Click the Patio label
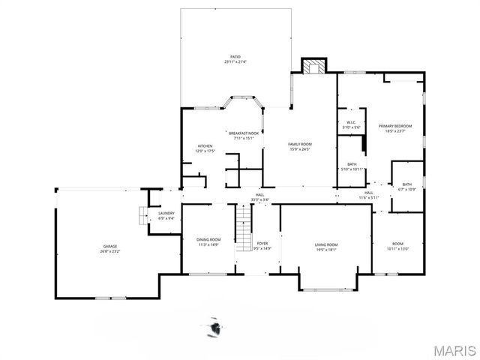click(x=235, y=59)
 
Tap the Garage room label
click(x=110, y=248)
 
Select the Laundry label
click(x=166, y=216)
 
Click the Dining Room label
click(x=208, y=241)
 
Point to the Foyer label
click(x=262, y=245)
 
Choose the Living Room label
click(x=325, y=247)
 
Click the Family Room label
click(x=300, y=145)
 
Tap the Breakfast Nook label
click(x=244, y=135)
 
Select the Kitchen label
click(x=205, y=148)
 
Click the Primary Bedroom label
click(x=395, y=128)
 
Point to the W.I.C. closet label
click(x=351, y=125)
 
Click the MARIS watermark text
click(x=453, y=349)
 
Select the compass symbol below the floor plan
click(x=215, y=327)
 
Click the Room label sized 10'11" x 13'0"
click(x=397, y=246)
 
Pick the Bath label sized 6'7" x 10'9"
click(x=406, y=186)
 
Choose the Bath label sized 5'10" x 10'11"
click(x=352, y=166)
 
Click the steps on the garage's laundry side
click(x=140, y=216)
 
